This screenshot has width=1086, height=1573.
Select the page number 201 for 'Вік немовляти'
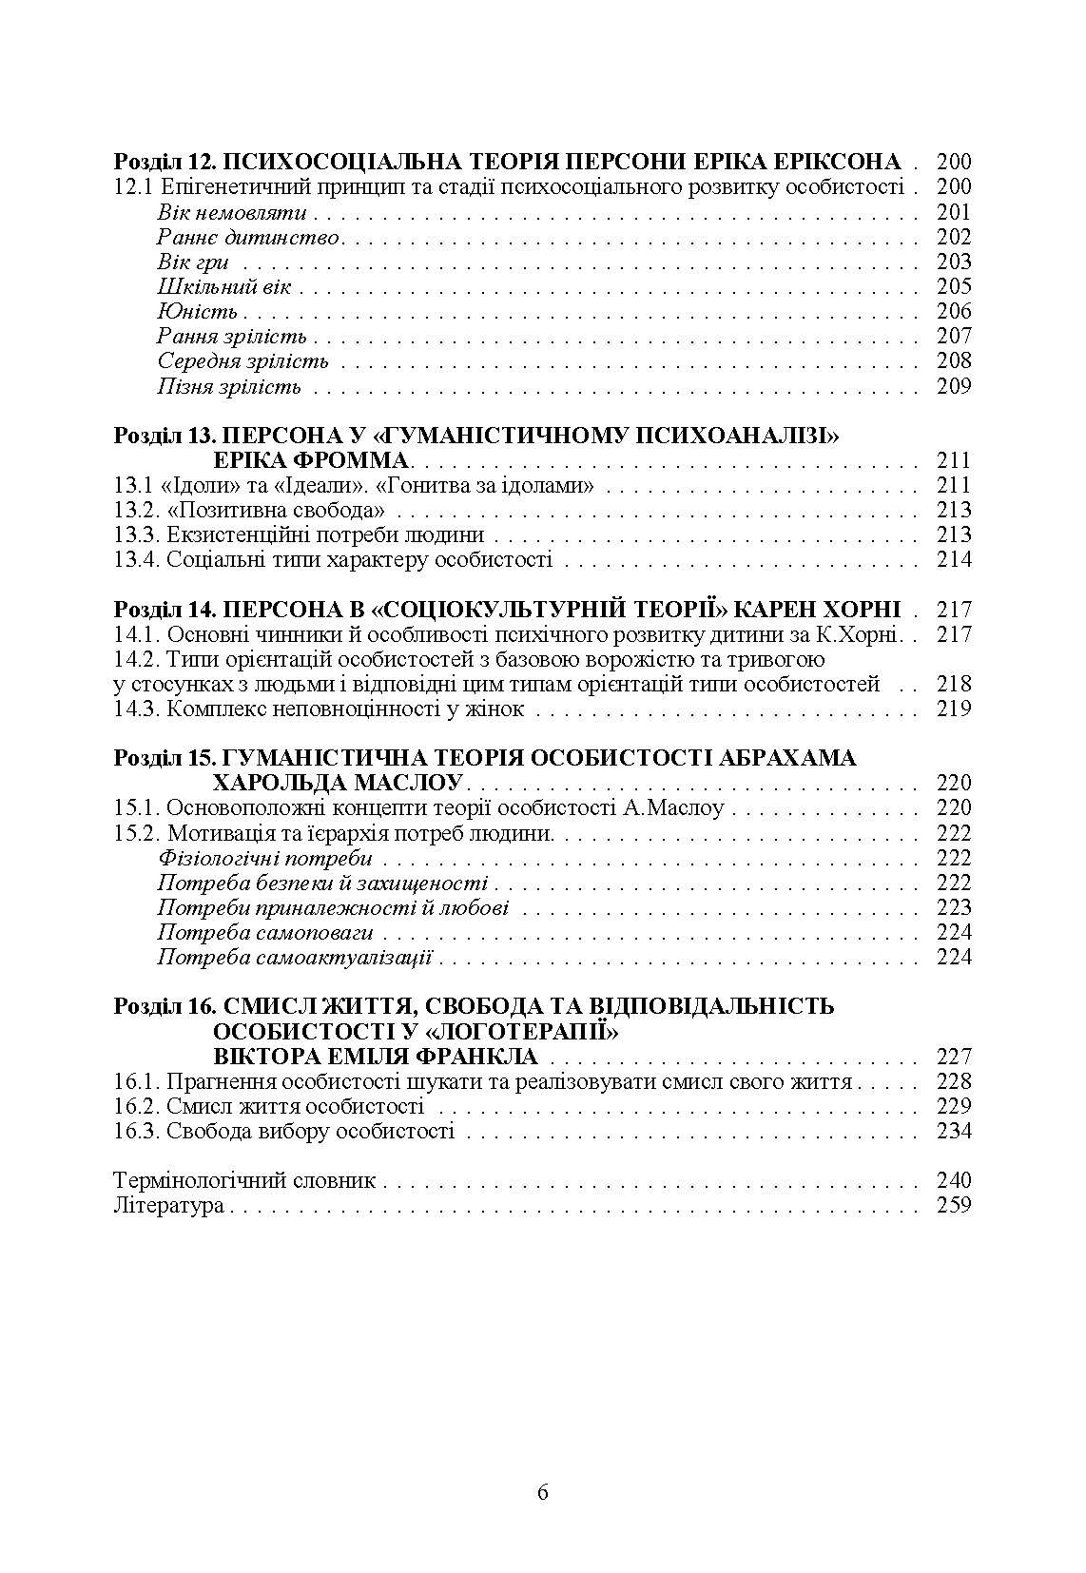coord(954,212)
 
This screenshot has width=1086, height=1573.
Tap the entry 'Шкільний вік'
coord(223,286)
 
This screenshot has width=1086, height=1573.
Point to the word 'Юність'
coord(197,311)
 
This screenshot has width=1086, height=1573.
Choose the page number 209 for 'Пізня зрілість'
coord(954,385)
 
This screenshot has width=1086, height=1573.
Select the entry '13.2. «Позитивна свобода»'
coord(242,510)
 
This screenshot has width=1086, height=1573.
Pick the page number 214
coord(954,559)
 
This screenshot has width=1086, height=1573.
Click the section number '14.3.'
coord(136,708)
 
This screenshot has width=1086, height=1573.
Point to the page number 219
coord(954,708)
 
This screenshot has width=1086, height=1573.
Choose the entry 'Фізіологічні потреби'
coord(264,857)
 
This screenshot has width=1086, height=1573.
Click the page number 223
coord(954,906)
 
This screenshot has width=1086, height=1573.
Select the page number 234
coord(954,1130)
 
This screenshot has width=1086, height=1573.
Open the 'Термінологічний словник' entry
coord(244,1180)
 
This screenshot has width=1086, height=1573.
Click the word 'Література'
coord(168,1205)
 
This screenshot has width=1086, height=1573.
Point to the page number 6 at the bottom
coord(543,1492)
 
